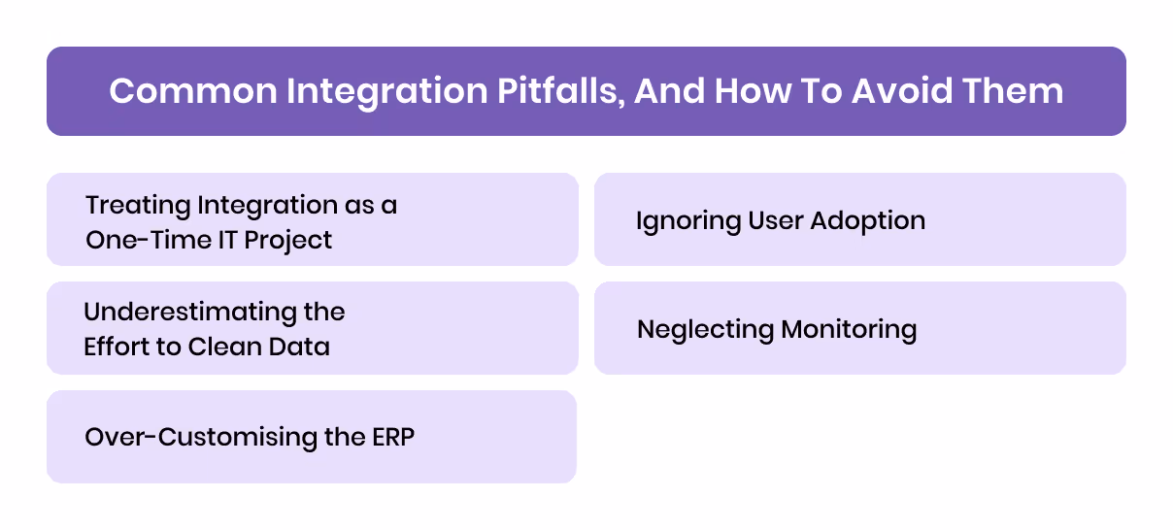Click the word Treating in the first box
pyautogui.click(x=137, y=206)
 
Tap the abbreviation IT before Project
pyautogui.click(x=225, y=239)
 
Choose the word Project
pyautogui.click(x=287, y=239)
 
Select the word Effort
pyautogui.click(x=115, y=347)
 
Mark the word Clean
pyautogui.click(x=226, y=347)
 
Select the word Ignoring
pyautogui.click(x=687, y=221)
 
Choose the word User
pyautogui.click(x=773, y=221)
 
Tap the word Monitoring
pyautogui.click(x=849, y=330)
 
